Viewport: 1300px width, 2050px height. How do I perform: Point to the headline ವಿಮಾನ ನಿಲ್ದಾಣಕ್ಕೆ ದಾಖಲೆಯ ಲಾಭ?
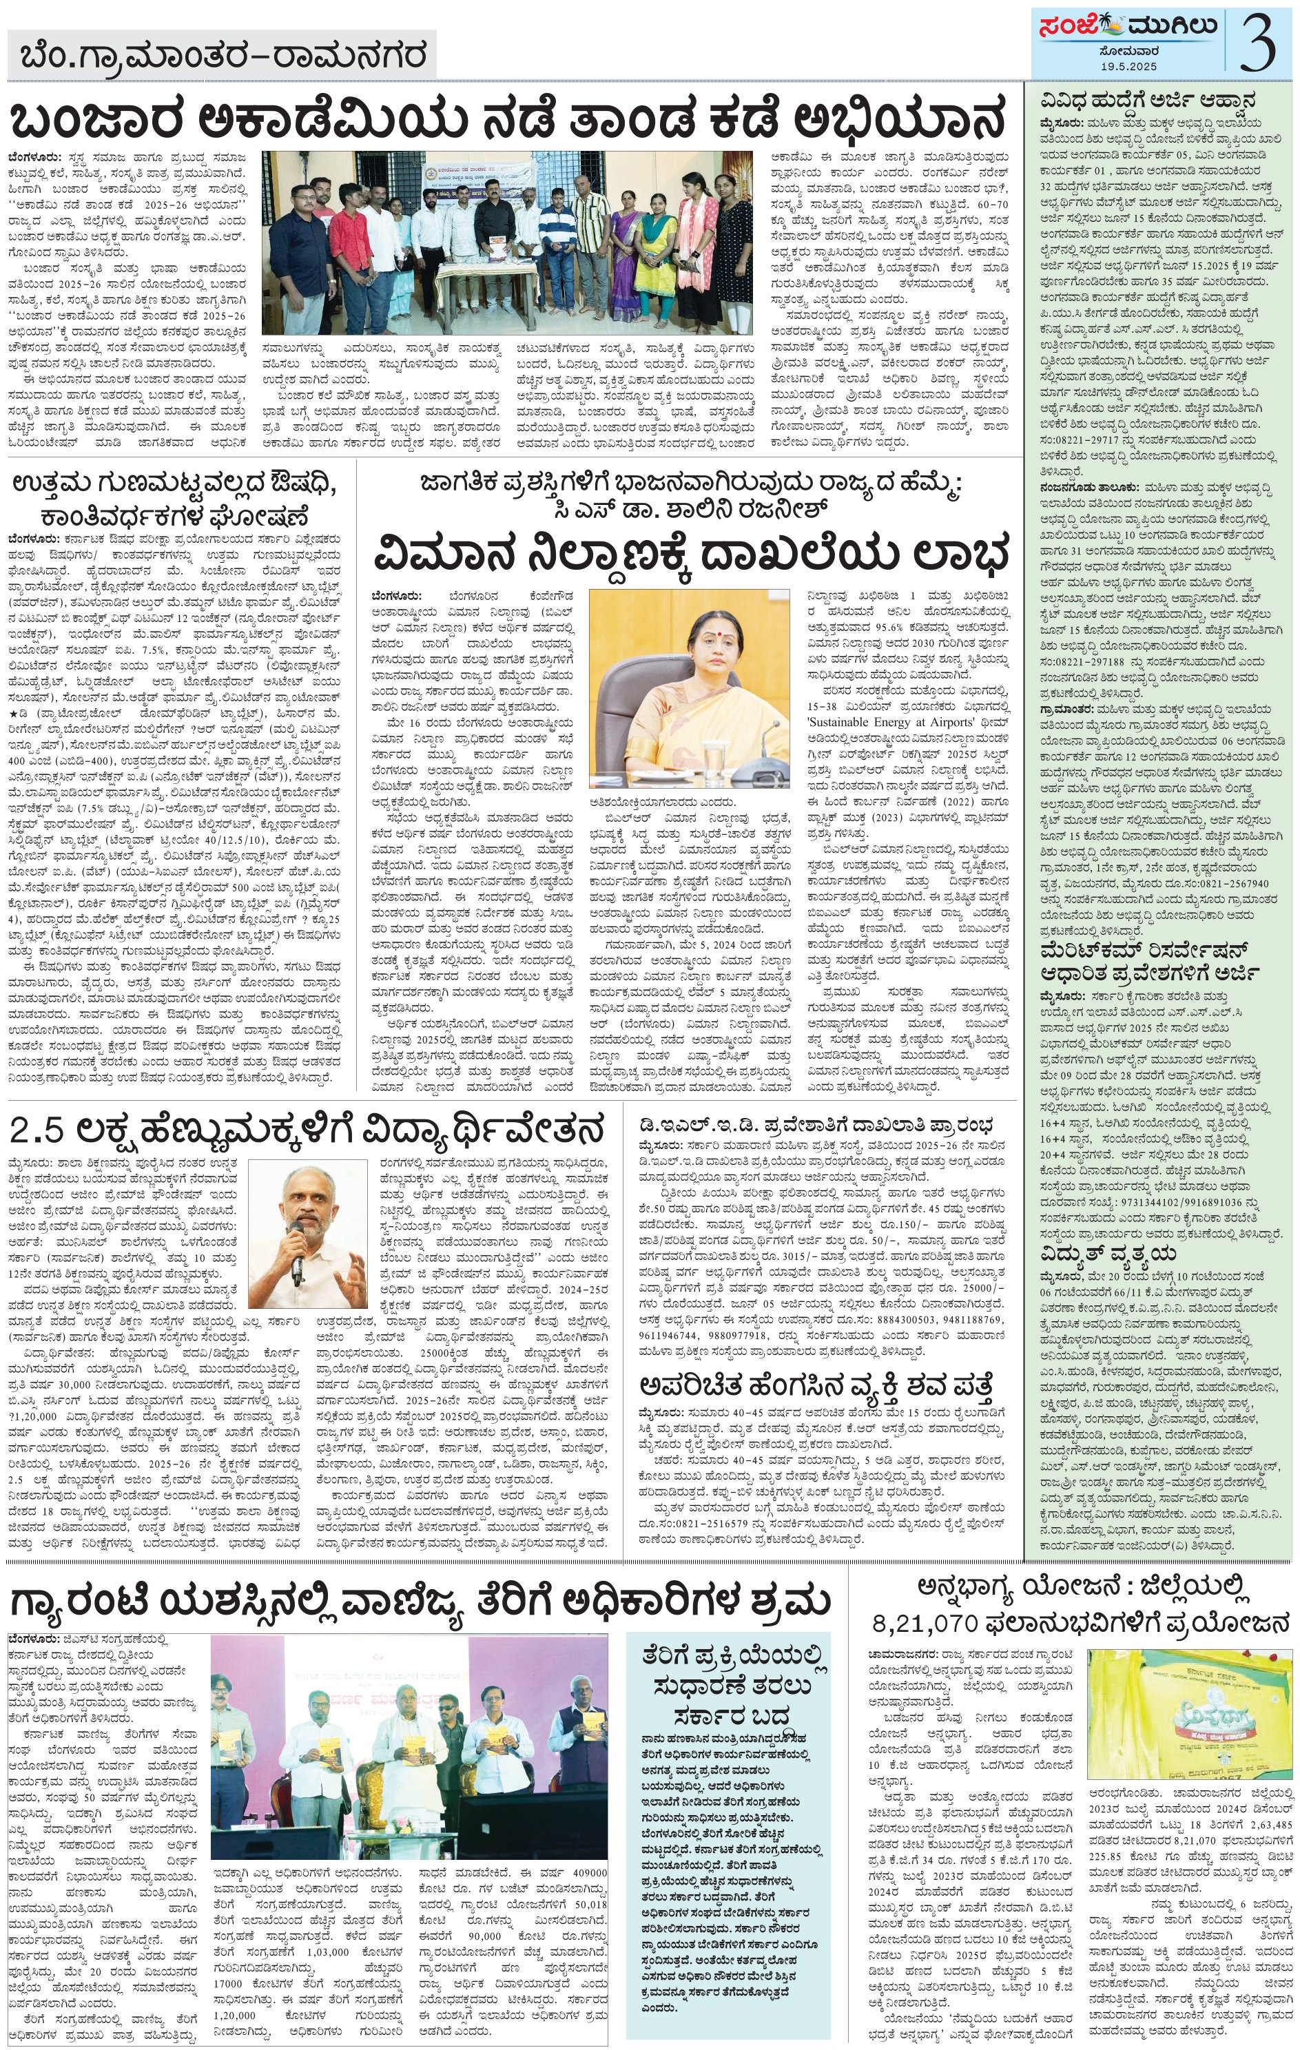[690, 555]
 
